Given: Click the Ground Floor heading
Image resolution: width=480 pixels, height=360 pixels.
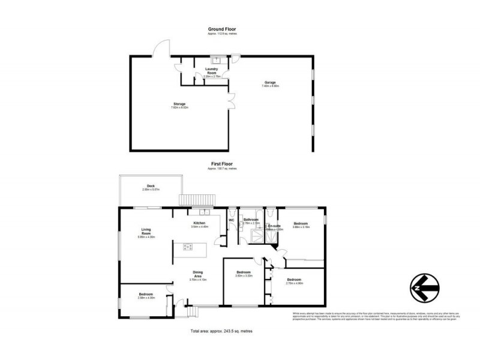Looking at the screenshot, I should point(222,29).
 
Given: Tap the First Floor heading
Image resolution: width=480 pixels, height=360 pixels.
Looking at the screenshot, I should point(222,163).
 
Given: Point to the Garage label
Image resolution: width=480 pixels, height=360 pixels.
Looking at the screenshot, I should point(271,82).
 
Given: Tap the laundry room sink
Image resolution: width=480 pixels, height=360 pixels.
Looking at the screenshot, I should point(220,60).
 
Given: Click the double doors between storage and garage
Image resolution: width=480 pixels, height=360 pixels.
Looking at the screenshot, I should point(230,101).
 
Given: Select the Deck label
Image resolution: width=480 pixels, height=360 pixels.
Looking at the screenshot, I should point(151,186).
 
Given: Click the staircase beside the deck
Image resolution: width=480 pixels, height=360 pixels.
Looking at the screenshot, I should point(197,200).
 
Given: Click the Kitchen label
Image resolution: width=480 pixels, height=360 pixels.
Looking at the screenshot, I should point(199,223).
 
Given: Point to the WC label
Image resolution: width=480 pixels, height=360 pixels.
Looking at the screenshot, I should point(232,220).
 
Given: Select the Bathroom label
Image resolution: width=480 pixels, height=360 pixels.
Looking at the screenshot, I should point(251,220).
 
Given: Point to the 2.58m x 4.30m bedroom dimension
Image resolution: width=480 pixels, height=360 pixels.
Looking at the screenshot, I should point(146,298).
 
